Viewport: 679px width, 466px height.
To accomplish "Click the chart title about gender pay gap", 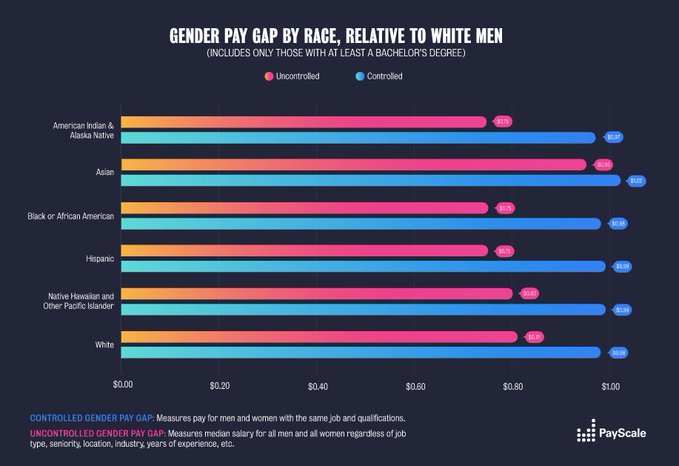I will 339,37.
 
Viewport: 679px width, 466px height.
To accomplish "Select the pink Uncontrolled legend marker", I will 269,76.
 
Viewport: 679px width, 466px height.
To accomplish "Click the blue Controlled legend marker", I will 359,76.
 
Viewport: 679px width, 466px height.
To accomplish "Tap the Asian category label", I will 104,171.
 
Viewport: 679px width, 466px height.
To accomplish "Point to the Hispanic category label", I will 99,258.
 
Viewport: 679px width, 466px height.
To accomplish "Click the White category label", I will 104,344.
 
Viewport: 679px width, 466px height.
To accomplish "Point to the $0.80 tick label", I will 512,384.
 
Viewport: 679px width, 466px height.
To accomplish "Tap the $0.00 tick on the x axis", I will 123,384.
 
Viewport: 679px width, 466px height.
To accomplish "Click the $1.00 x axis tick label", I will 609,384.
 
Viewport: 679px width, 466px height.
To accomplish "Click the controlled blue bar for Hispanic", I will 360,266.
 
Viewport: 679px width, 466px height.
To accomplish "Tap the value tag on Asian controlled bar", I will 637,180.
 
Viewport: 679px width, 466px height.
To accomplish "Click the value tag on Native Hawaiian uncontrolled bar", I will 530,294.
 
